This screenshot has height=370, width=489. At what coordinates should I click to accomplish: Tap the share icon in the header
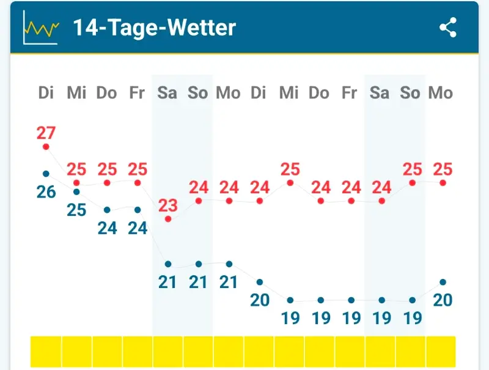coord(448,28)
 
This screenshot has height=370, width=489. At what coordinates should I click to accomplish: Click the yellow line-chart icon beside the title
coord(40,28)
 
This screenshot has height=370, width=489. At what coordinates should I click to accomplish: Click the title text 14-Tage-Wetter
coord(154,28)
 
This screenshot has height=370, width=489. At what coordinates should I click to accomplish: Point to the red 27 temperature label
coord(46,133)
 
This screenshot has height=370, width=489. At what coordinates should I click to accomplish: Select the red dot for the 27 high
coord(46,147)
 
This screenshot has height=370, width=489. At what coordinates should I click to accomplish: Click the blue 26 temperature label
coord(46,192)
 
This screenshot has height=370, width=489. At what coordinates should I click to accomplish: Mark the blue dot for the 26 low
coord(46,174)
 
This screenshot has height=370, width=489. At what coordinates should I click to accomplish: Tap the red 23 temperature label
coord(168,205)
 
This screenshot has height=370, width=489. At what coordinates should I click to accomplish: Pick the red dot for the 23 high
coord(168,219)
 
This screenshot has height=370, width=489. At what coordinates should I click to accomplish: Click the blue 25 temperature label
coord(76,210)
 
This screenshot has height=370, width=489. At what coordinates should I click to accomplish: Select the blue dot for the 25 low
coord(76,191)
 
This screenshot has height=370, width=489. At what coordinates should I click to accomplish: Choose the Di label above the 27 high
coord(46,93)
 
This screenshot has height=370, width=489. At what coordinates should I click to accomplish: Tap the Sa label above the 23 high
coord(167,93)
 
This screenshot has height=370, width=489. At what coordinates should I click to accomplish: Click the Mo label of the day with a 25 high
coord(441,93)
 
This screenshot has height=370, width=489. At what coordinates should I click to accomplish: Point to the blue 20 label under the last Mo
coord(443,300)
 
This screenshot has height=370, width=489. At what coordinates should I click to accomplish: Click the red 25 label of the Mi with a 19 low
coord(290,169)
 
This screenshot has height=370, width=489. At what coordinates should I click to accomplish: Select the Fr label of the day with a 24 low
coord(137,93)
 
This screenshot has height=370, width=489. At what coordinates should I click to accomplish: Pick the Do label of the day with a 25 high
coord(107,93)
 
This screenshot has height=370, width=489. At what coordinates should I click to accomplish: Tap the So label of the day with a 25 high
coord(411,93)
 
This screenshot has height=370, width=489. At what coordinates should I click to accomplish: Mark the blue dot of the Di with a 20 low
coord(260,282)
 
